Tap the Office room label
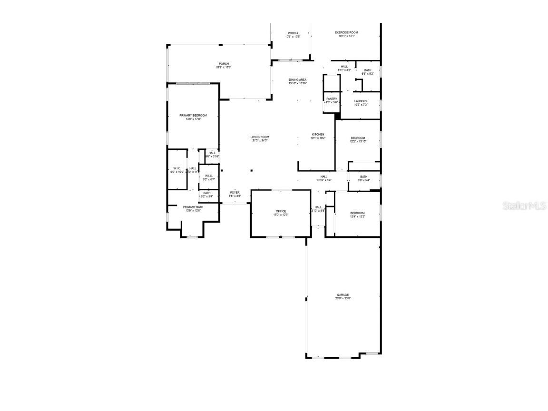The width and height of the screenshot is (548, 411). (281, 211)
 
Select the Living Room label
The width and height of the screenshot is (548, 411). (260, 137)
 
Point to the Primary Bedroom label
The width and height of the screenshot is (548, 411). (193, 116)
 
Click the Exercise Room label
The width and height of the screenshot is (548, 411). (346, 32)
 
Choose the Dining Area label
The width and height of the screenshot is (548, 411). (297, 79)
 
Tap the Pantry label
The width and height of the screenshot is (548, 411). (332, 99)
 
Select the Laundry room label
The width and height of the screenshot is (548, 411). (361, 101)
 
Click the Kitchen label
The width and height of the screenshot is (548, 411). (318, 135)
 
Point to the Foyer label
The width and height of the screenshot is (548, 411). (235, 193)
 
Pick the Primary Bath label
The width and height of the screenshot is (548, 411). (193, 207)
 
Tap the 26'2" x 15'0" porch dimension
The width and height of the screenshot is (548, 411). (224, 67)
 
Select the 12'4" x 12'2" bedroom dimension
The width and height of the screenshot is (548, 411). (358, 216)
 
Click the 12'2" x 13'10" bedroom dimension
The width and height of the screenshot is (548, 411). (358, 141)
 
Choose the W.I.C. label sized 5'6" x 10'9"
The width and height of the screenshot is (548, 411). (176, 170)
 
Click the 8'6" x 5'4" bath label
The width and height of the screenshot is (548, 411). (363, 178)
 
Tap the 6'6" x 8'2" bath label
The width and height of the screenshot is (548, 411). (368, 72)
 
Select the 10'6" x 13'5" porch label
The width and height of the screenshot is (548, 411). (293, 35)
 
